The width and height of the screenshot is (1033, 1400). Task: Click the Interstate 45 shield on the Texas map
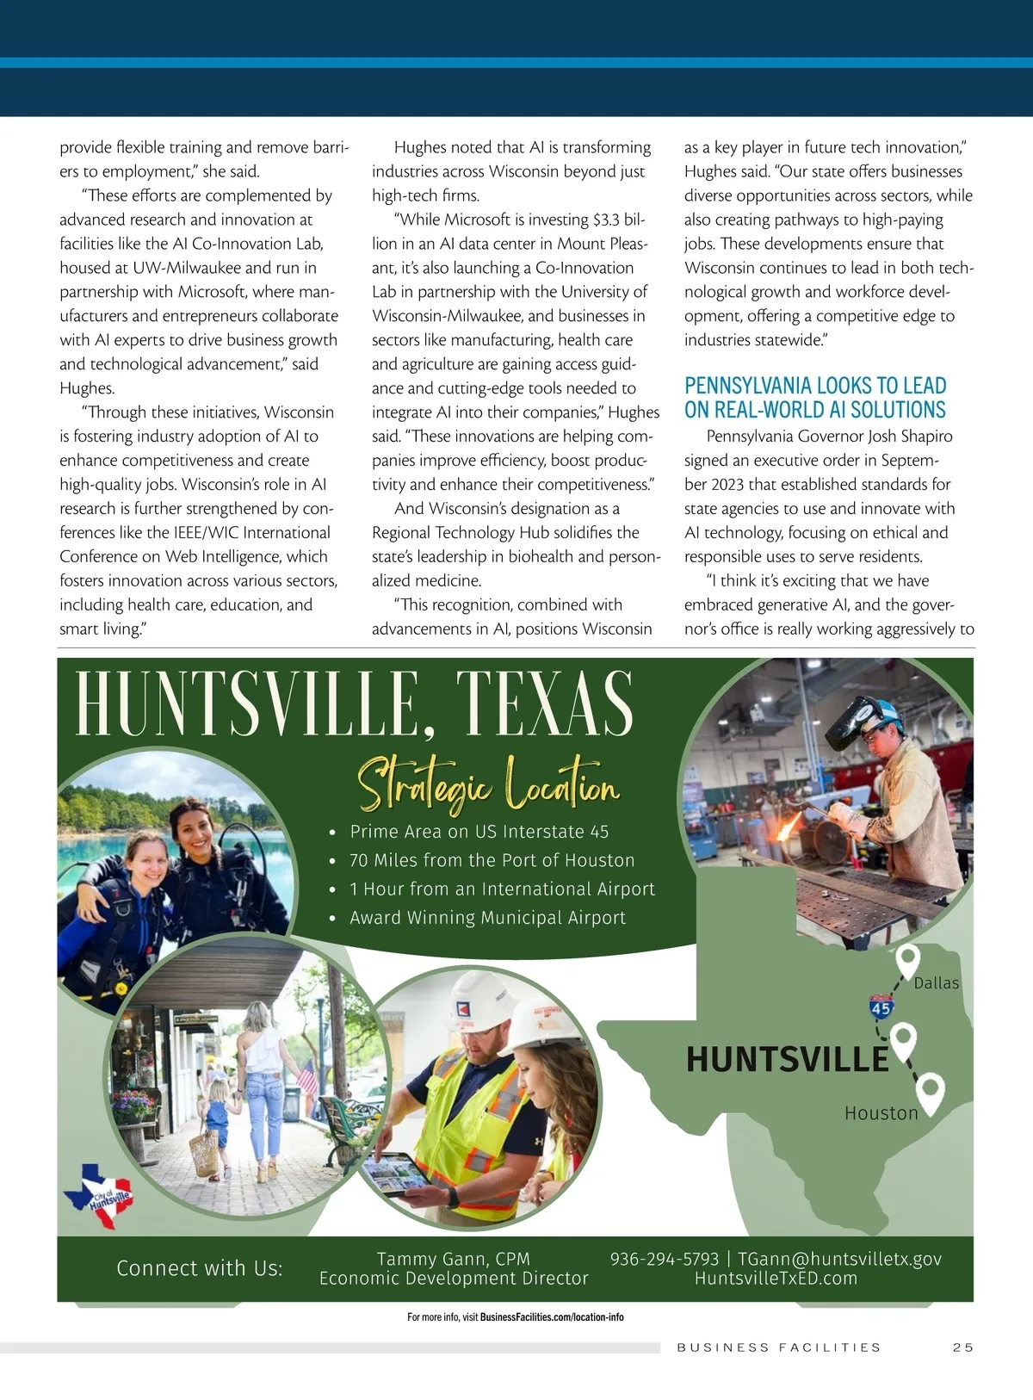pyautogui.click(x=881, y=1007)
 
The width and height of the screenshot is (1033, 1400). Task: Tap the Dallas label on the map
pyautogui.click(x=936, y=983)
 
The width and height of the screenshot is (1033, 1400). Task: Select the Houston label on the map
pyautogui.click(x=881, y=1113)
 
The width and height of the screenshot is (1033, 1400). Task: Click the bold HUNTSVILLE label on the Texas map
pyautogui.click(x=787, y=1059)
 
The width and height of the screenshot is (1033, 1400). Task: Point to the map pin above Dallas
pyautogui.click(x=907, y=961)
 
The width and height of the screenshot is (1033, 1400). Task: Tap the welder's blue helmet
pyautogui.click(x=876, y=711)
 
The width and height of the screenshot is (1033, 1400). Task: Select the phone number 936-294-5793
pyautogui.click(x=664, y=1259)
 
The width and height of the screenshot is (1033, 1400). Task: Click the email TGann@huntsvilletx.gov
pyautogui.click(x=839, y=1259)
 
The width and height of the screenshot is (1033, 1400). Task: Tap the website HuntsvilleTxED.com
pyautogui.click(x=776, y=1279)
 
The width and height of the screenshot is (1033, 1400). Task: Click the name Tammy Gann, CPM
pyautogui.click(x=454, y=1259)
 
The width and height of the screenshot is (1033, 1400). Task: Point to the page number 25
pyautogui.click(x=962, y=1347)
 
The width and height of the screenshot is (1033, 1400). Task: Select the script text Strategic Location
pyautogui.click(x=488, y=784)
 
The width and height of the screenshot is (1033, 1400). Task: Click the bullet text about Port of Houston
pyautogui.click(x=492, y=860)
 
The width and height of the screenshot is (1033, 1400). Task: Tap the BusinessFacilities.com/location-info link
pyautogui.click(x=552, y=1317)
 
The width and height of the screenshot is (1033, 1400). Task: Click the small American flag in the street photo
pyautogui.click(x=306, y=1075)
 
